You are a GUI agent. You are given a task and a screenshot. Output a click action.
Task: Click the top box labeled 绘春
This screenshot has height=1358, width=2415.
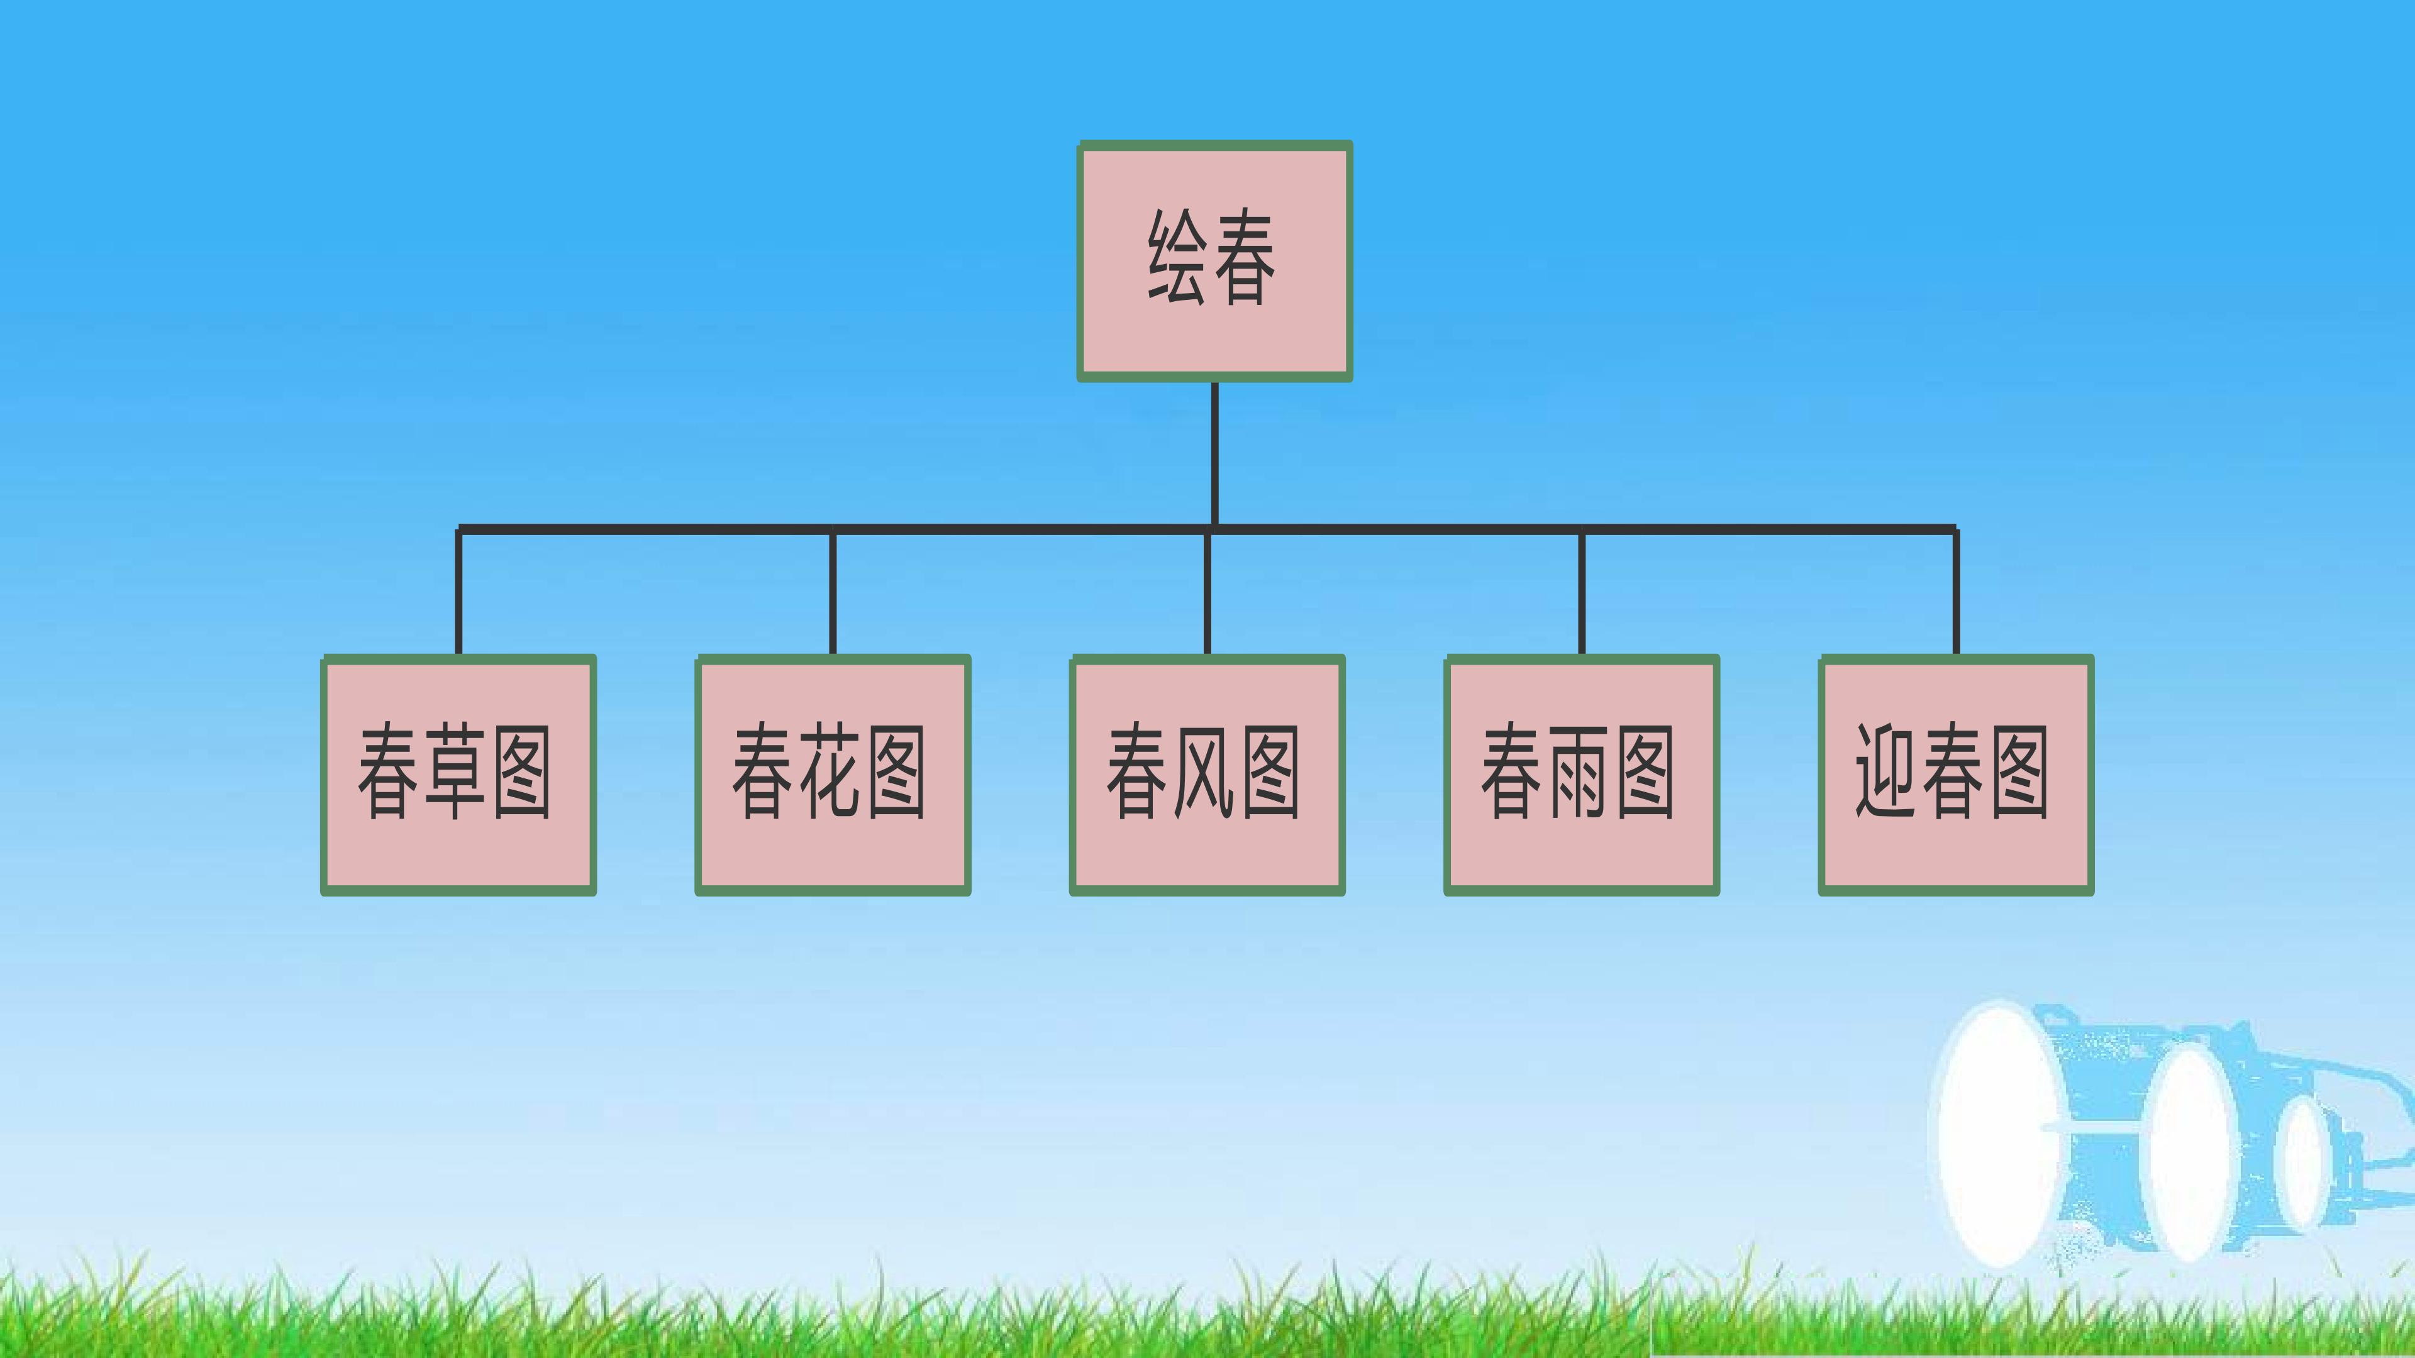point(1214,262)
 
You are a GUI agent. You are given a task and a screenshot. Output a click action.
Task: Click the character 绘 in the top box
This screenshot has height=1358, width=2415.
point(1177,257)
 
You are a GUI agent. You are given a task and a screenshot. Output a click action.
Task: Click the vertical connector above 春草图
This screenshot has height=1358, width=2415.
point(458,592)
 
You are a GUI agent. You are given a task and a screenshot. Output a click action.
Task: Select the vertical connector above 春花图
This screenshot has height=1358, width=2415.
point(833,592)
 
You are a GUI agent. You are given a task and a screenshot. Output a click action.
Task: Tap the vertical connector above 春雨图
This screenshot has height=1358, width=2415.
point(1582,592)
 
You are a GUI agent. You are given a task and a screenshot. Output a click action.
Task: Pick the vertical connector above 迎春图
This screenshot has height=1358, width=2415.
point(1956,592)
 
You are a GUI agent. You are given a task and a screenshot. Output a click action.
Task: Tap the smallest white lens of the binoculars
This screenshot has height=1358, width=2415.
point(2301,1162)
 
